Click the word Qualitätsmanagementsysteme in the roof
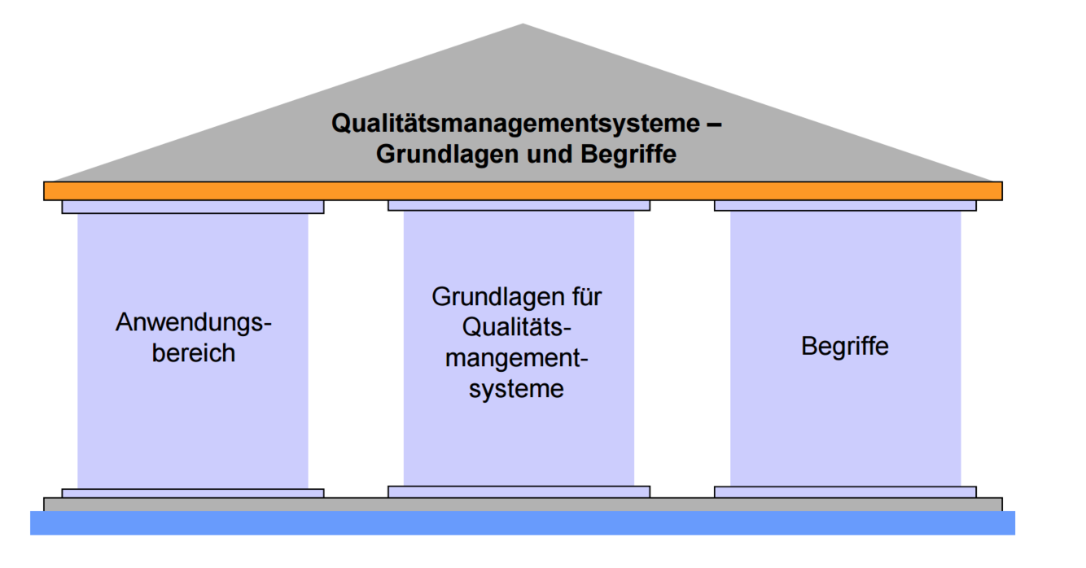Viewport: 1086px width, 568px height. click(515, 124)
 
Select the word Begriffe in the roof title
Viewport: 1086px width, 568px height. click(628, 154)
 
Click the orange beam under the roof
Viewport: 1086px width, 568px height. click(523, 191)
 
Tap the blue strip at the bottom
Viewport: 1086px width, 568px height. click(523, 522)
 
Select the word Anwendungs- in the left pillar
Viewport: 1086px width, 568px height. click(194, 323)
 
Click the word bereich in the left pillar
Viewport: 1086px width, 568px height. click(194, 353)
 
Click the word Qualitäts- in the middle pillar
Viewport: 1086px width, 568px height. click(518, 327)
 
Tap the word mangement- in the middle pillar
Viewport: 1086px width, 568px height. click(518, 359)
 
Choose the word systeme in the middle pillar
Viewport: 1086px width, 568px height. click(518, 388)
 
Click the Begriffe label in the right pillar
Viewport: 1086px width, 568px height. click(845, 346)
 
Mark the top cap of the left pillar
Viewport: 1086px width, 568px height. click(193, 208)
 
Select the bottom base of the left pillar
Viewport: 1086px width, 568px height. click(193, 493)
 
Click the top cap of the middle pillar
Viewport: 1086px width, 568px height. click(519, 206)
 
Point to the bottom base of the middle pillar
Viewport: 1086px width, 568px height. click(519, 492)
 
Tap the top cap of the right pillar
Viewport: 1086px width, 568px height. click(845, 206)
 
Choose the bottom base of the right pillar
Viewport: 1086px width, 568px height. click(845, 492)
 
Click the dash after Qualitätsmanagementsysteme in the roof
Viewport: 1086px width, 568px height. click(714, 125)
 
